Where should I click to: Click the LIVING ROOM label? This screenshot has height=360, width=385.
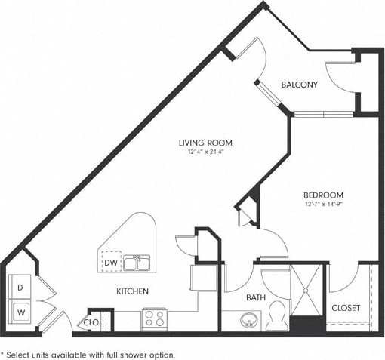click(x=205, y=142)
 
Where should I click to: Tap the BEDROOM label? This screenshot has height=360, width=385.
click(x=324, y=194)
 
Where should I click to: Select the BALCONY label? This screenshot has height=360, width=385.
click(x=299, y=85)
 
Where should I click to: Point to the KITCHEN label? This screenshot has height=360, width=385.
click(x=131, y=291)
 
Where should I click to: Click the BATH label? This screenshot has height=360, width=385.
click(x=256, y=298)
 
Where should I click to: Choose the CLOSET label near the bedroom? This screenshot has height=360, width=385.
click(x=346, y=308)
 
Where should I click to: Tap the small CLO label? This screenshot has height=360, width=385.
click(x=91, y=322)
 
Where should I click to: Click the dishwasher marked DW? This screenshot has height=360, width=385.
click(x=112, y=262)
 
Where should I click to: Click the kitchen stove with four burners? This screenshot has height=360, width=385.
click(x=153, y=318)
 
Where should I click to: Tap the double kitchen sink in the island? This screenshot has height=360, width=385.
click(x=137, y=263)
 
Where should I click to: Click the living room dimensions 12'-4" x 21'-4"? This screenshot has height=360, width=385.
click(x=205, y=152)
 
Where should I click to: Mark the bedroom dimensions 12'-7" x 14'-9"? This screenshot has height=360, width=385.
click(x=324, y=203)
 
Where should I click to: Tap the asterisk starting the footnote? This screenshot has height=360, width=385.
click(x=4, y=353)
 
